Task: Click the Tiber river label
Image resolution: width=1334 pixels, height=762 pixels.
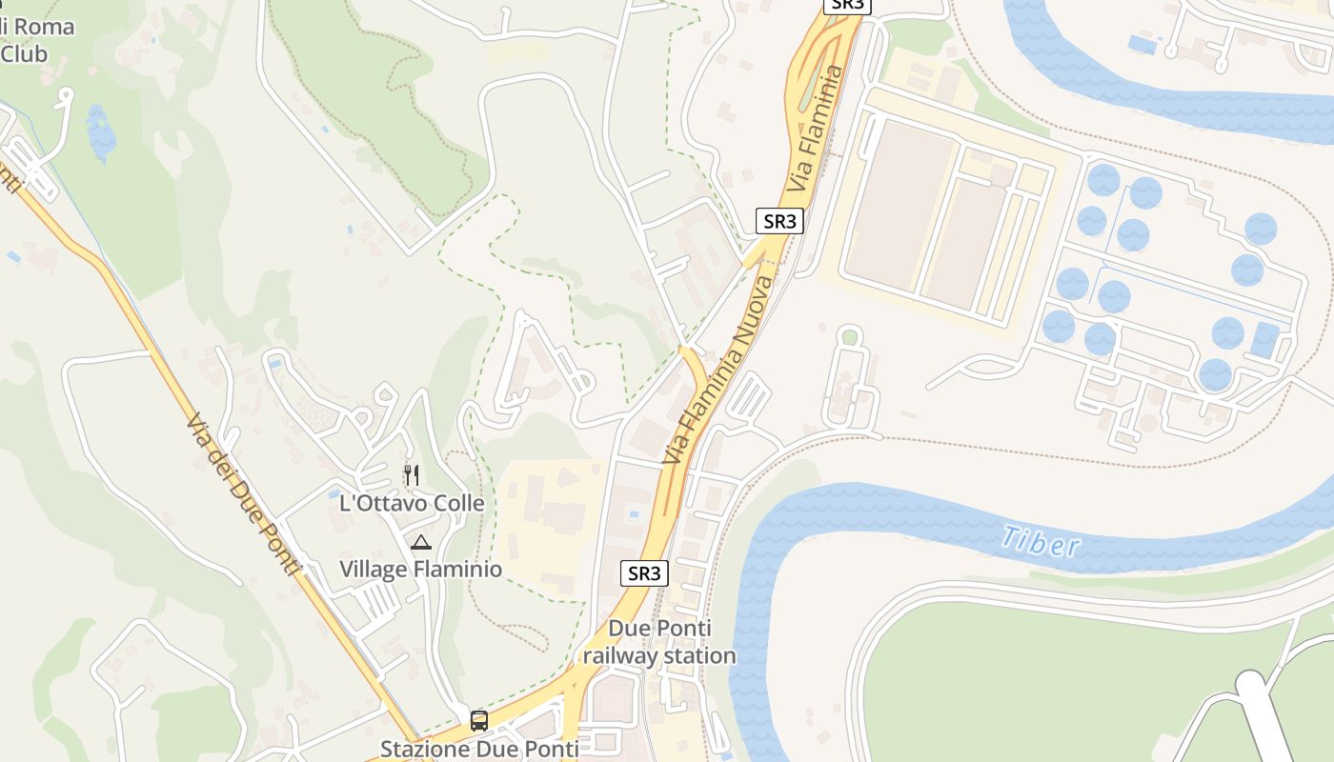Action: pos(1041,542)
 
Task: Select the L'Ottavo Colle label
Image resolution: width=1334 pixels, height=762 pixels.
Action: pos(412,503)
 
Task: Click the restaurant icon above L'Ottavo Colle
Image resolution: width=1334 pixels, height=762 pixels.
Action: pos(412,474)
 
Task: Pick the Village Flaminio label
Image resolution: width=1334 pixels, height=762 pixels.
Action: pos(420,570)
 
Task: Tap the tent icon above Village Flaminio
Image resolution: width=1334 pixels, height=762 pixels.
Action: pos(420,543)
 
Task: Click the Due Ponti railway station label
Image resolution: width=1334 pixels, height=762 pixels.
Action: pos(659,642)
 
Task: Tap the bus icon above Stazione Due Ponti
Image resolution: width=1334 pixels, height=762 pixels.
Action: pos(479,720)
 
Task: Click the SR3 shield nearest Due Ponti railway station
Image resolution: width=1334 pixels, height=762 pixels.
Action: pos(644,573)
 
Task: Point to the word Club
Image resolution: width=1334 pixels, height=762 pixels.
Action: pos(23,54)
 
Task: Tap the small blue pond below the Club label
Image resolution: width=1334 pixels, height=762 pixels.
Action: pos(99,133)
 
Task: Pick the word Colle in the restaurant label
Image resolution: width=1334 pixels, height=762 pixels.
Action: pos(456,503)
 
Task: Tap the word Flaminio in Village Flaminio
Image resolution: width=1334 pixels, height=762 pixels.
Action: pos(455,570)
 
